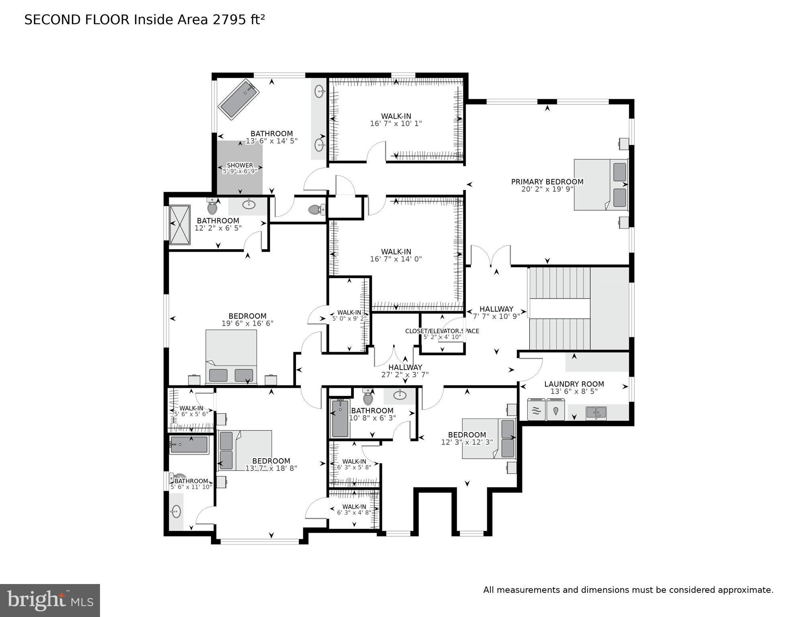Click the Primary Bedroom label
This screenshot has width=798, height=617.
[547, 182]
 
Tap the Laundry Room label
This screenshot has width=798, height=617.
[574, 384]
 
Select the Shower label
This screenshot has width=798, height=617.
[240, 165]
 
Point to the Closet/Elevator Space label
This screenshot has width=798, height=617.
[442, 331]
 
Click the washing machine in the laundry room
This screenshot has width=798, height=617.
[536, 410]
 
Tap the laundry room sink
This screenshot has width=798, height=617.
[596, 412]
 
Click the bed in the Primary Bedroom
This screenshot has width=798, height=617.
[600, 185]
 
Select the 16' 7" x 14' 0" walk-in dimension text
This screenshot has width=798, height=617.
[396, 259]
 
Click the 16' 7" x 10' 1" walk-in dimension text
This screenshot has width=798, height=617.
[396, 124]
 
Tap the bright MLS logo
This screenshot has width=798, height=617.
[50, 600]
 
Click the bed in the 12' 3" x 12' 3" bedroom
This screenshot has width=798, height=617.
[488, 439]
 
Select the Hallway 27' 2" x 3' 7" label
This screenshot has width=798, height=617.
[405, 371]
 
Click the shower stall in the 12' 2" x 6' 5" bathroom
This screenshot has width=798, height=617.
[180, 225]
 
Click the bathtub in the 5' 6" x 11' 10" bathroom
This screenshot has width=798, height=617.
[189, 445]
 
